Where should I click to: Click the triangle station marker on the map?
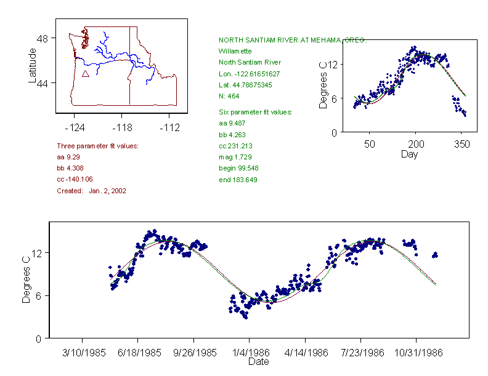click(x=86, y=74)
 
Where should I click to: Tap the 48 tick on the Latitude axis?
click(x=43, y=38)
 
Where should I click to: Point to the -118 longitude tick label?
click(x=122, y=127)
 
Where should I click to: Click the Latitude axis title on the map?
click(x=33, y=66)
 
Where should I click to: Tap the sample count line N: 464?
click(x=229, y=96)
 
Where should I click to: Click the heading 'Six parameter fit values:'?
click(x=255, y=112)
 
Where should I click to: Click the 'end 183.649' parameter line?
click(x=238, y=180)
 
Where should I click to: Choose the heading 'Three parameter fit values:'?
click(x=97, y=146)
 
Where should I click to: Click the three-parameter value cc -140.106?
click(x=75, y=179)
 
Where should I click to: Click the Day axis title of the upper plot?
click(x=409, y=154)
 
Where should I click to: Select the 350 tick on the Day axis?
click(x=462, y=145)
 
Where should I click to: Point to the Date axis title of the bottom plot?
click(x=258, y=362)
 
